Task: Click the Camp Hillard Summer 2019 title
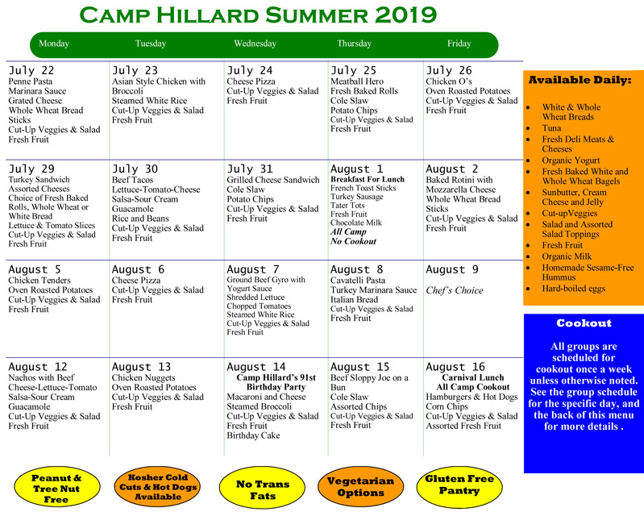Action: point(260,15)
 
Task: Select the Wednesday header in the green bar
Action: point(255,44)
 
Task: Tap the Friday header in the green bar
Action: point(459,44)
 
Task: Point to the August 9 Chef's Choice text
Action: point(455,290)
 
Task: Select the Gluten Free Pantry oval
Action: point(459,485)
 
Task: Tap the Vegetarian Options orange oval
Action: point(360,487)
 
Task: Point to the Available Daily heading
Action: point(580,80)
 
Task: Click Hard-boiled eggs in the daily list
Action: point(573,288)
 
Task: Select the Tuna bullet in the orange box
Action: point(553,127)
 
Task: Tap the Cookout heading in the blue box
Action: point(584,323)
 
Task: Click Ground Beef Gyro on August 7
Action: point(266,280)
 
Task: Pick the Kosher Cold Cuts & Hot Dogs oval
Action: point(156,486)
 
